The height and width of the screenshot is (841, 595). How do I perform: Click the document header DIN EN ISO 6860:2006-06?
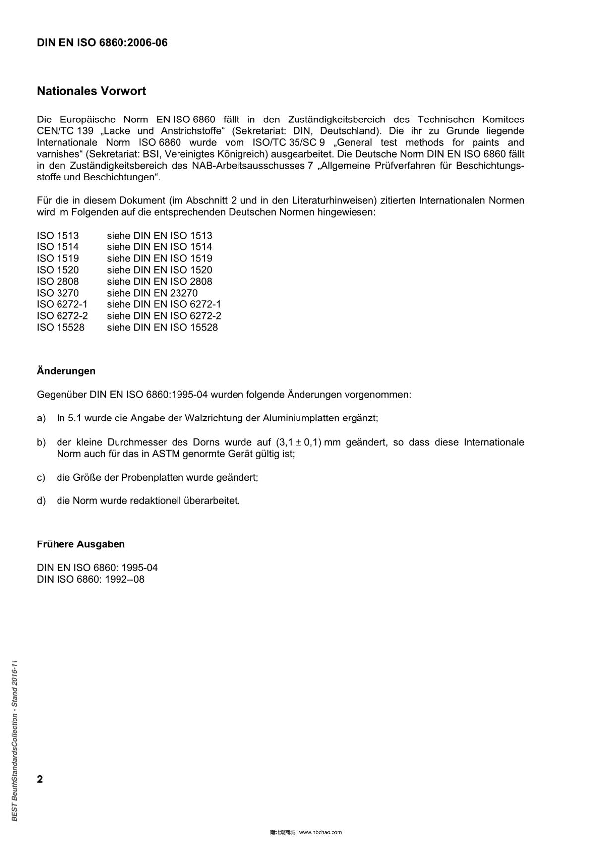coord(102,43)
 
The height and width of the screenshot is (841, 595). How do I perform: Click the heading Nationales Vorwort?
coord(91,91)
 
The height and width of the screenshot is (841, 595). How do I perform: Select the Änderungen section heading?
coord(66,371)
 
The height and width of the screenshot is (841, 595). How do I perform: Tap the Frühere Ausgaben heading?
coord(81,544)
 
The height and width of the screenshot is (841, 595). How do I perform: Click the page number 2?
coord(40,779)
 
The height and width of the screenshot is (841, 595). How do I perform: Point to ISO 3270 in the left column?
coord(58,293)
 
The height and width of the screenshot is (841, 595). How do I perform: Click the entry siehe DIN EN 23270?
coord(152,293)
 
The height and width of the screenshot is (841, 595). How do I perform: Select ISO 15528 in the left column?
coord(60,327)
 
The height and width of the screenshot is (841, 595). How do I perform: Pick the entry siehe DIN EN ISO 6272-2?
coord(164,316)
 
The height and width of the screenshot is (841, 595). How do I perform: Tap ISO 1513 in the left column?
coord(58,236)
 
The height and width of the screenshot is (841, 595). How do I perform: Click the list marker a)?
coord(41,418)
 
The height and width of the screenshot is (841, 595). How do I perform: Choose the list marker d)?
coord(41,501)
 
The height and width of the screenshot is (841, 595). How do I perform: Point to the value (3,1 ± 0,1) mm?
coord(308,442)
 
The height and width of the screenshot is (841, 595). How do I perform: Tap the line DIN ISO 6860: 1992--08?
coord(90,579)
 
